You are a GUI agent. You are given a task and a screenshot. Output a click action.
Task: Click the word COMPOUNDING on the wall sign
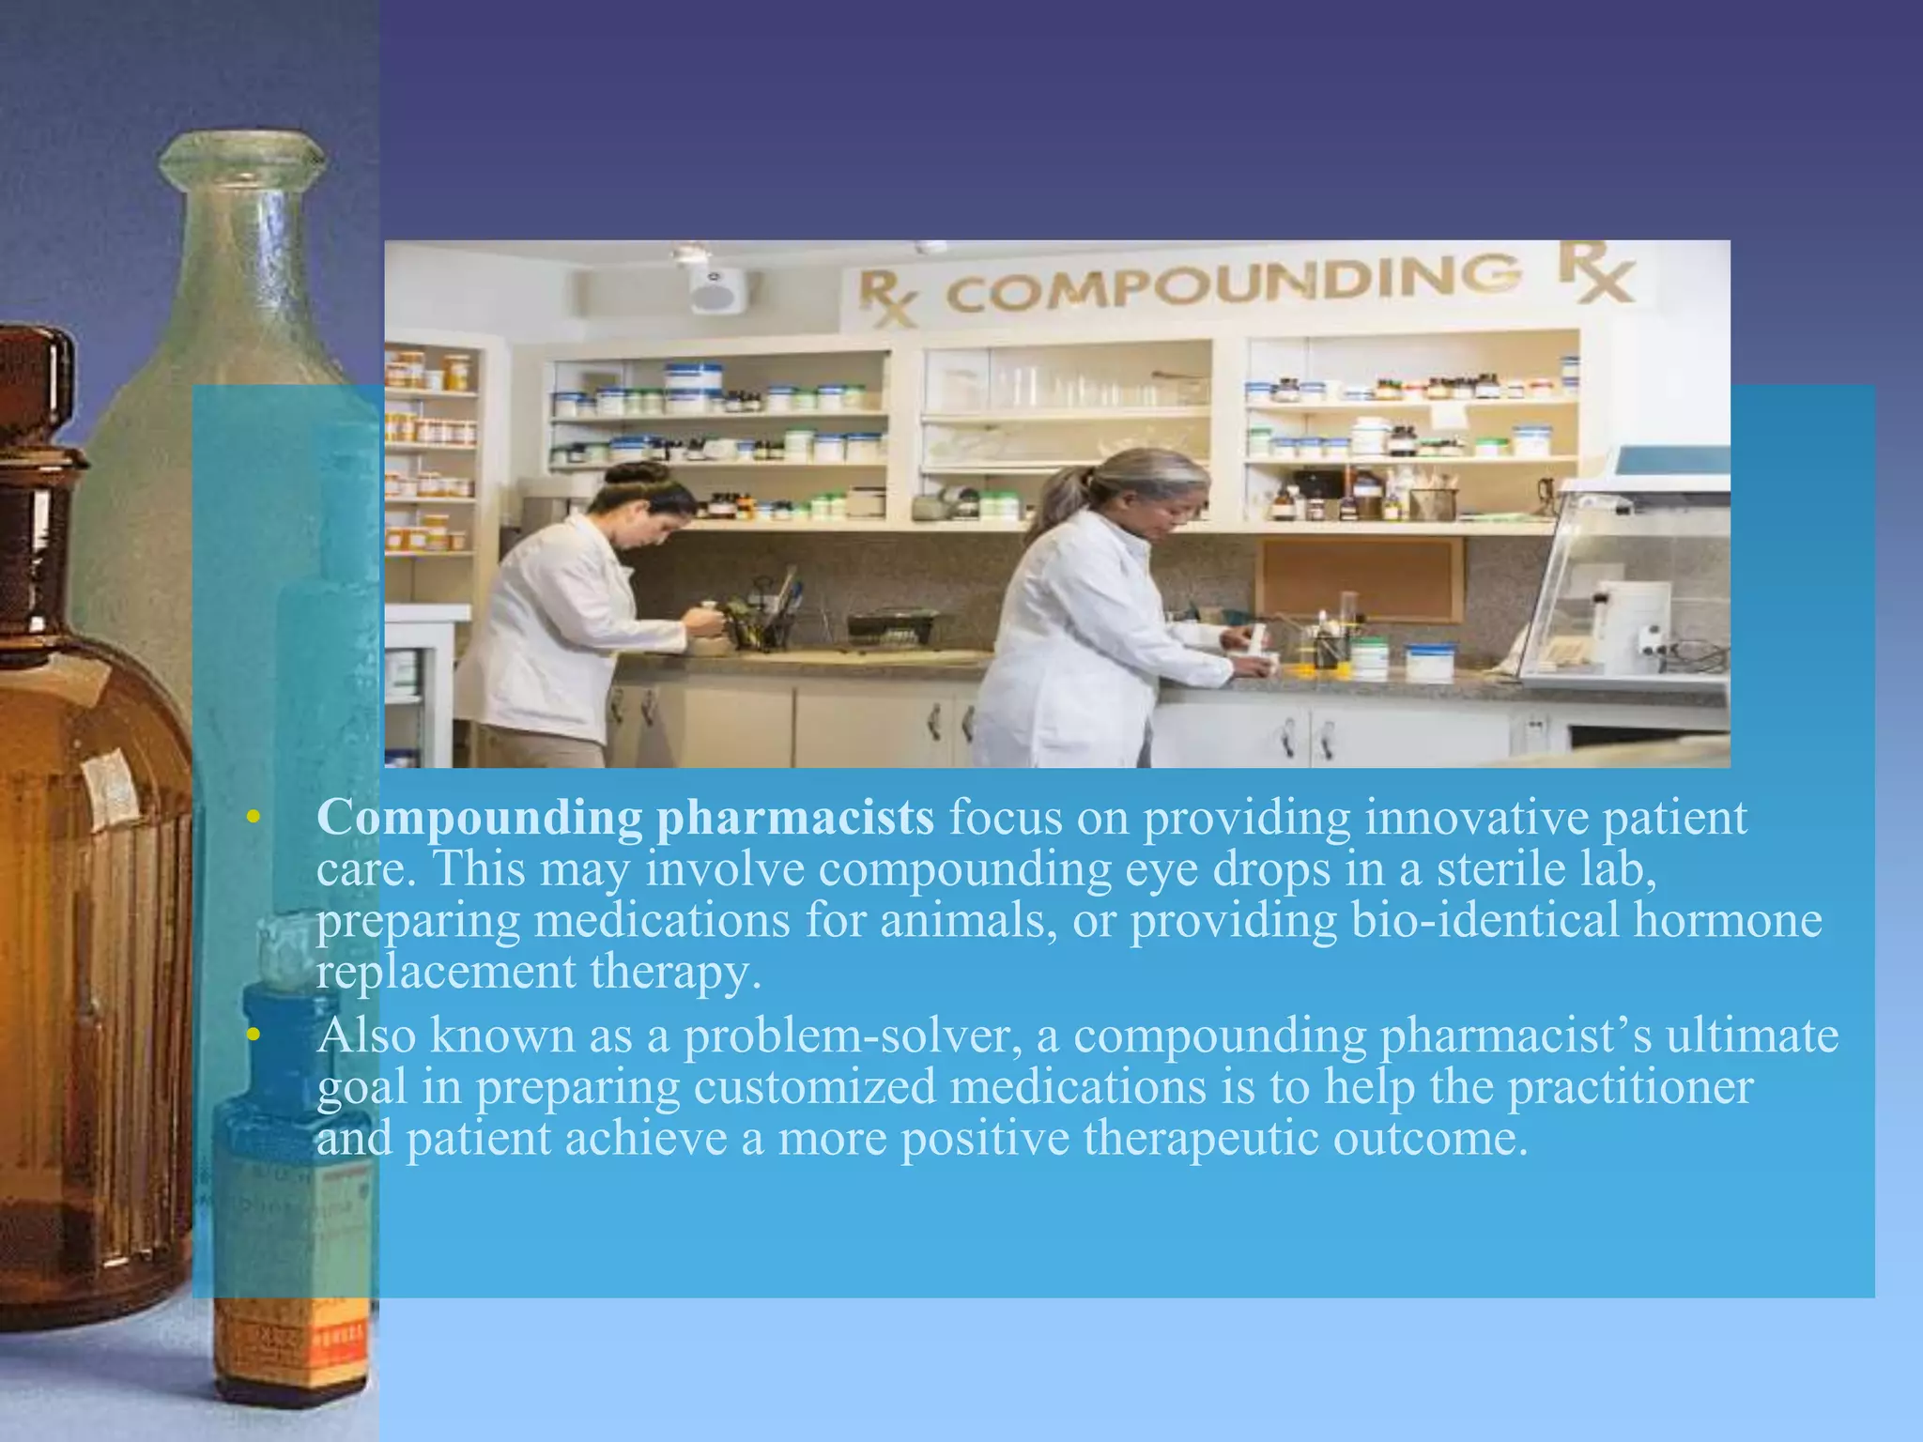[x=1232, y=282]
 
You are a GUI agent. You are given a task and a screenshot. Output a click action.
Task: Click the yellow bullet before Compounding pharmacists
[x=251, y=819]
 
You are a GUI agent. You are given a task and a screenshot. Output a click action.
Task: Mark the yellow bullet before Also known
[x=251, y=1036]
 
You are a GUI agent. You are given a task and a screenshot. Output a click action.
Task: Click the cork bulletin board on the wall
[x=1359, y=578]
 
